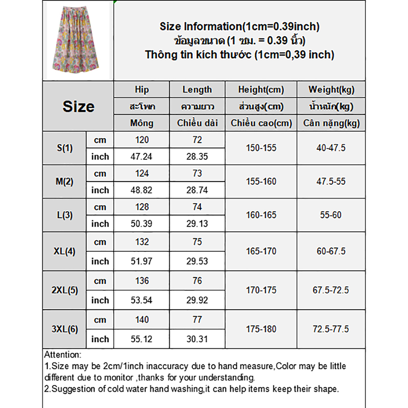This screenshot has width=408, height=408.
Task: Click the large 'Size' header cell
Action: tap(78, 106)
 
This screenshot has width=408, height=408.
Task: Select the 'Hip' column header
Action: tap(142, 90)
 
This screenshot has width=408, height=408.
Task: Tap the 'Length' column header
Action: tap(197, 90)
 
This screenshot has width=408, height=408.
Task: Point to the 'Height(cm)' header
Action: tap(261, 90)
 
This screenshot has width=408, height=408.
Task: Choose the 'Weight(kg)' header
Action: tap(331, 90)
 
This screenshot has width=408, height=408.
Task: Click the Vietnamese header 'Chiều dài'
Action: tap(197, 123)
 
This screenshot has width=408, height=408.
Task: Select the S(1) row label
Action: tap(65, 148)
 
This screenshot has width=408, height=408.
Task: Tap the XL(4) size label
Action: tap(64, 251)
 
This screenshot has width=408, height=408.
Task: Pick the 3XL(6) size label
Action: tap(65, 329)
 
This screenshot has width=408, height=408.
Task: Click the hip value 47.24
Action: tap(141, 157)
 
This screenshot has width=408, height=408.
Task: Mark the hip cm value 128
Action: tap(142, 207)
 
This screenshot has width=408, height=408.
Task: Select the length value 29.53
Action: tap(197, 261)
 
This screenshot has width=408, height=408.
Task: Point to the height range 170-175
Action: tap(261, 290)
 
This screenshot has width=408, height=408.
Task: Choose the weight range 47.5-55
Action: tap(331, 182)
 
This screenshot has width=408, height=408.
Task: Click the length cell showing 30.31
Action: tap(197, 339)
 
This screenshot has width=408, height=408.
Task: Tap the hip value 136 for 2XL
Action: tap(142, 281)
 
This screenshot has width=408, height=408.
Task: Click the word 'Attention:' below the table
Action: tap(63, 355)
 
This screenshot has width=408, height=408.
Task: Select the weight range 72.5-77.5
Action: tap(331, 329)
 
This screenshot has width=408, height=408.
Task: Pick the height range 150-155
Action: tap(261, 148)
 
